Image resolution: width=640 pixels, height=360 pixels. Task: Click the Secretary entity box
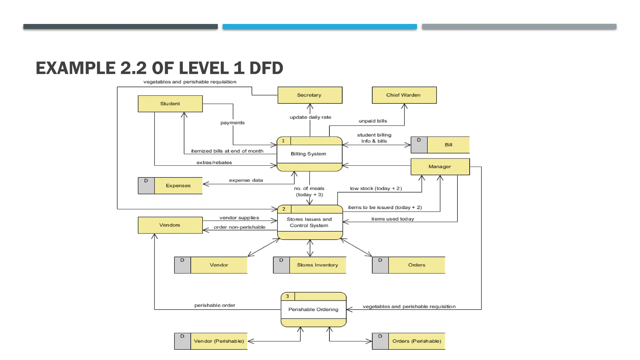click(310, 95)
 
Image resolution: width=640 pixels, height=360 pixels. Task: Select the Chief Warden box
click(404, 95)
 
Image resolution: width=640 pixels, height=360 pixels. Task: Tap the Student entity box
click(170, 104)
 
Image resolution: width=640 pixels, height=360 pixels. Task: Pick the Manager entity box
click(440, 167)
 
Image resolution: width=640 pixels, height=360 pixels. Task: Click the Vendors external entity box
click(170, 225)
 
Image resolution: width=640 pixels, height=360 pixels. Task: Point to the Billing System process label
click(308, 154)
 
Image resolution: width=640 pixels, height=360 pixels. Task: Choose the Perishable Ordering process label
click(313, 309)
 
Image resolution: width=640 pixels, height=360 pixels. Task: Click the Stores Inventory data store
click(317, 265)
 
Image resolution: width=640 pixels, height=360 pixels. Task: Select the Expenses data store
click(178, 186)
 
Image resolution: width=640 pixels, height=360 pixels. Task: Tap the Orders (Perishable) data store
click(417, 341)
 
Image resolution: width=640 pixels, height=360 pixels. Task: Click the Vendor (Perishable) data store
click(219, 341)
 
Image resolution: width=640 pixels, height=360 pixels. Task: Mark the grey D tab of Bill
click(419, 145)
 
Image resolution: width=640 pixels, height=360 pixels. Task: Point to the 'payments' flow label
click(232, 122)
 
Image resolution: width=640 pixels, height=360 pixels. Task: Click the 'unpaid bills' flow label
click(372, 121)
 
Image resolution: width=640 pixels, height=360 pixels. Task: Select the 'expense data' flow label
click(246, 180)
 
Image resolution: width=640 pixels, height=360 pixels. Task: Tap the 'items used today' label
click(392, 219)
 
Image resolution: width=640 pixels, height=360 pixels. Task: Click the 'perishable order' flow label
click(215, 305)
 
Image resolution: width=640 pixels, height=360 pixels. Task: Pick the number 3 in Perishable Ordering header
click(287, 296)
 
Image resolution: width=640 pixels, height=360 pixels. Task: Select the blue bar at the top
click(320, 27)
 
